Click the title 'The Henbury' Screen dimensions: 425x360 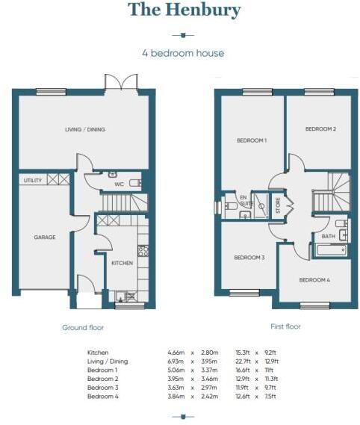(x=184, y=10)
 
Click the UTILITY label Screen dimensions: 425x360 (x=32, y=180)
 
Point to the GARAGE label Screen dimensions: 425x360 (x=44, y=237)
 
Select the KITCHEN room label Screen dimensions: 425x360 (x=122, y=263)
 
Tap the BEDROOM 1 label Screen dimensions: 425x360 (x=252, y=140)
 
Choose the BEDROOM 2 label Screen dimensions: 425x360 (x=320, y=129)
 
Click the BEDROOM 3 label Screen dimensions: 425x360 (x=249, y=257)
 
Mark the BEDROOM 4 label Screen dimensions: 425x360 (x=314, y=280)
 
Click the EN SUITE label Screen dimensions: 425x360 (x=243, y=200)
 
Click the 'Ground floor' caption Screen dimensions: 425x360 (x=83, y=327)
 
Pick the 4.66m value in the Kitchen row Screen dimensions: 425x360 (x=176, y=352)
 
